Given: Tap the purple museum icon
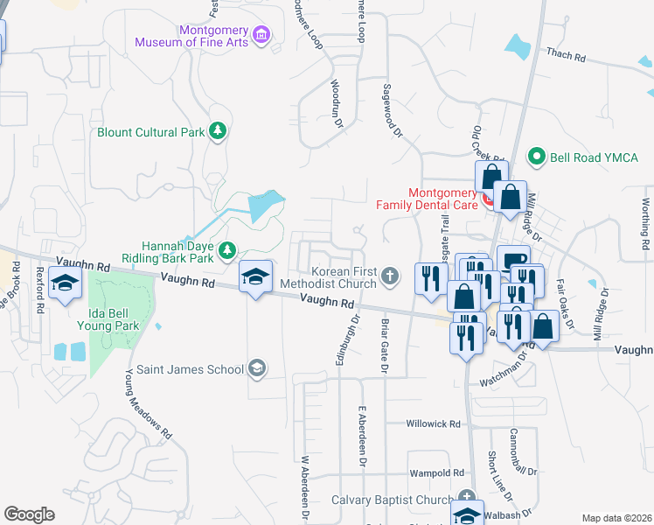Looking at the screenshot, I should coord(261,36).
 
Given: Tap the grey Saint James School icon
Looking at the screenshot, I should coord(256,368).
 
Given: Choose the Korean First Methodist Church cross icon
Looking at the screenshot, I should coord(391,278).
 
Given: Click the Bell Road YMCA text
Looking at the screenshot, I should coord(590,157).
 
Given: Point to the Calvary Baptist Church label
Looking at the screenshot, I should coord(393,500).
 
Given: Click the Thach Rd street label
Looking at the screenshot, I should coord(566,55).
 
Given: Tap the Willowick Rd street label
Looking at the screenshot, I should coord(433,423).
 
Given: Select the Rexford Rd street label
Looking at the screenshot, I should coord(39,287).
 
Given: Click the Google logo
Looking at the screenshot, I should coord(29,514).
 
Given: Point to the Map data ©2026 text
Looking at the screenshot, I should coord(616,518).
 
